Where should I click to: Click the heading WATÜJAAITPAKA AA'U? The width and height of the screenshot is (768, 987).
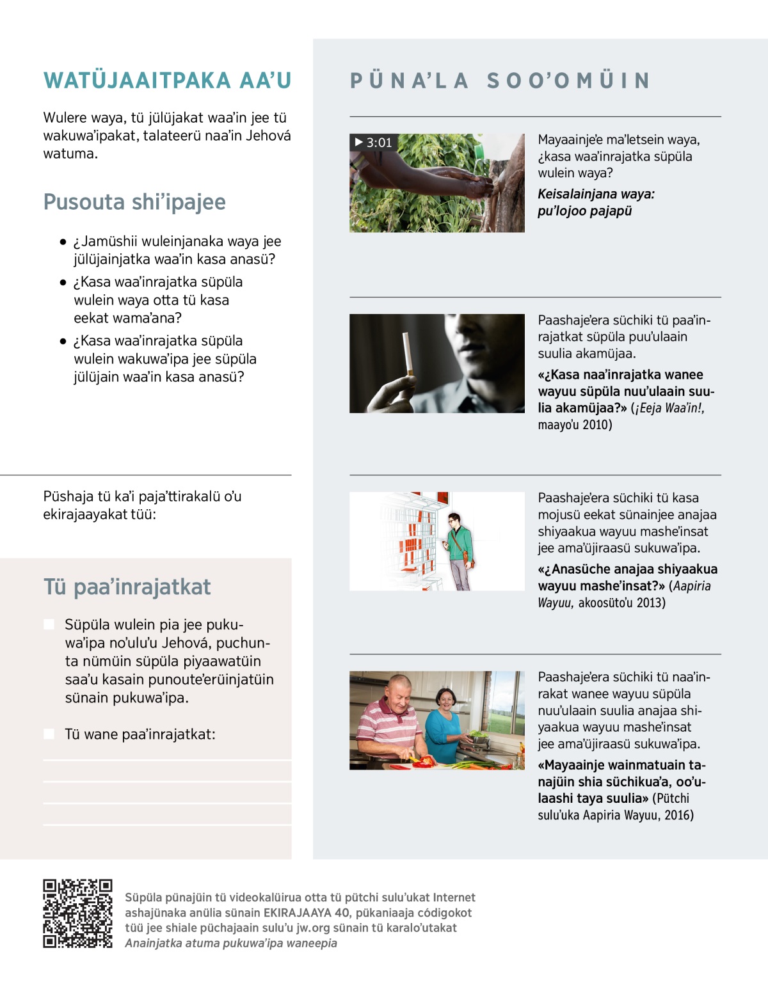point(167,81)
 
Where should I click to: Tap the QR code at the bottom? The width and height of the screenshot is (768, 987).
point(77,913)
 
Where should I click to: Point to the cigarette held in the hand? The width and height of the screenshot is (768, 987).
point(406,354)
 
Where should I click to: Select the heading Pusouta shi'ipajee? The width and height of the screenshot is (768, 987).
point(134,202)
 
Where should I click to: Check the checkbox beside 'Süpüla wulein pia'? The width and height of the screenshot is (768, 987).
point(49,624)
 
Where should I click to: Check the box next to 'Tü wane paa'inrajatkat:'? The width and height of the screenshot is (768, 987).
point(49,734)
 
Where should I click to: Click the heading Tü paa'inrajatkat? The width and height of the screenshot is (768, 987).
point(127,587)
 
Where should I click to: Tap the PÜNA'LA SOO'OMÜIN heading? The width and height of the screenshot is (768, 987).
point(500,81)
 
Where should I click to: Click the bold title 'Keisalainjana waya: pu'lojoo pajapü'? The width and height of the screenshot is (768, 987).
point(595,202)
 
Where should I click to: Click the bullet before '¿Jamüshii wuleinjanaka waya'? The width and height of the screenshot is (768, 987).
point(63,242)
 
